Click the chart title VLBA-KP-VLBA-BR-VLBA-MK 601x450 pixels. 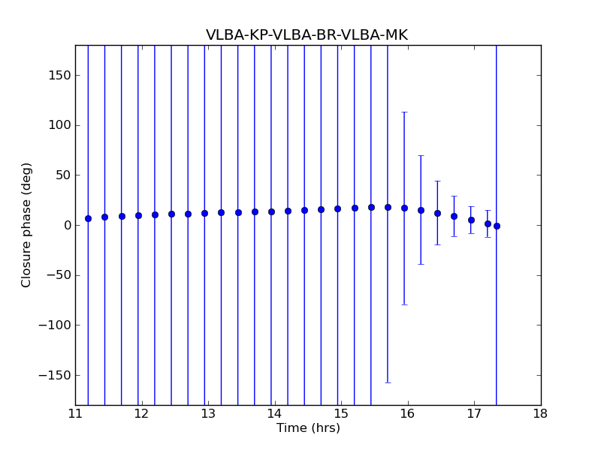pyautogui.click(x=307, y=35)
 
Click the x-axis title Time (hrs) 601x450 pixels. pyautogui.click(x=308, y=428)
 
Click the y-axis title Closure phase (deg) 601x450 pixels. pyautogui.click(x=27, y=225)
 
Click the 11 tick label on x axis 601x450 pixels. pyautogui.click(x=75, y=413)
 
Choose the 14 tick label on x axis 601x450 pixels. pyautogui.click(x=274, y=413)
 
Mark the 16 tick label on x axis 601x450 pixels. pyautogui.click(x=407, y=413)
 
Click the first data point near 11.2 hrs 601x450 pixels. pyautogui.click(x=88, y=218)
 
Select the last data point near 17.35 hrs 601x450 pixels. pyautogui.click(x=497, y=226)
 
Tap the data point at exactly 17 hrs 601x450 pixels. pyautogui.click(x=471, y=220)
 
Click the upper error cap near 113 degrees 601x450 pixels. pyautogui.click(x=404, y=112)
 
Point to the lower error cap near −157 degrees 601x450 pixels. pyautogui.click(x=388, y=382)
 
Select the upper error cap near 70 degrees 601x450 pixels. pyautogui.click(x=421, y=155)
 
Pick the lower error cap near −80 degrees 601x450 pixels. pyautogui.click(x=404, y=304)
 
